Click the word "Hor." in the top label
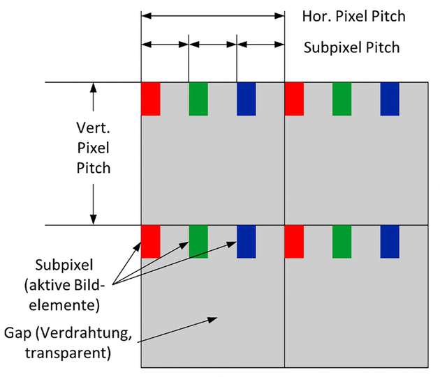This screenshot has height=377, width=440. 314,15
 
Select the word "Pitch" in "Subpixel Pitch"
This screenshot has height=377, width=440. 383,48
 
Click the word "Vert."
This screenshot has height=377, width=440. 92,129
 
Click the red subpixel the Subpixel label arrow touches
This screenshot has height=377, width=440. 151,241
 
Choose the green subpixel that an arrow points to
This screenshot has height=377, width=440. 198,241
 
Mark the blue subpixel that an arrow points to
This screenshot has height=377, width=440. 246,241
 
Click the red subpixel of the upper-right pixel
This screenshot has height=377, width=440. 294,99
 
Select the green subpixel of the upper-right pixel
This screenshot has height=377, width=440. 342,99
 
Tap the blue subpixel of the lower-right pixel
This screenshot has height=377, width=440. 389,241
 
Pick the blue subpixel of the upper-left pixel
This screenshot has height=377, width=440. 246,99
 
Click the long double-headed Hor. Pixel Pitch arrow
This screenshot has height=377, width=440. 212,15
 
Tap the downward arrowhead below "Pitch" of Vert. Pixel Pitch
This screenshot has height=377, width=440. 92,219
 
